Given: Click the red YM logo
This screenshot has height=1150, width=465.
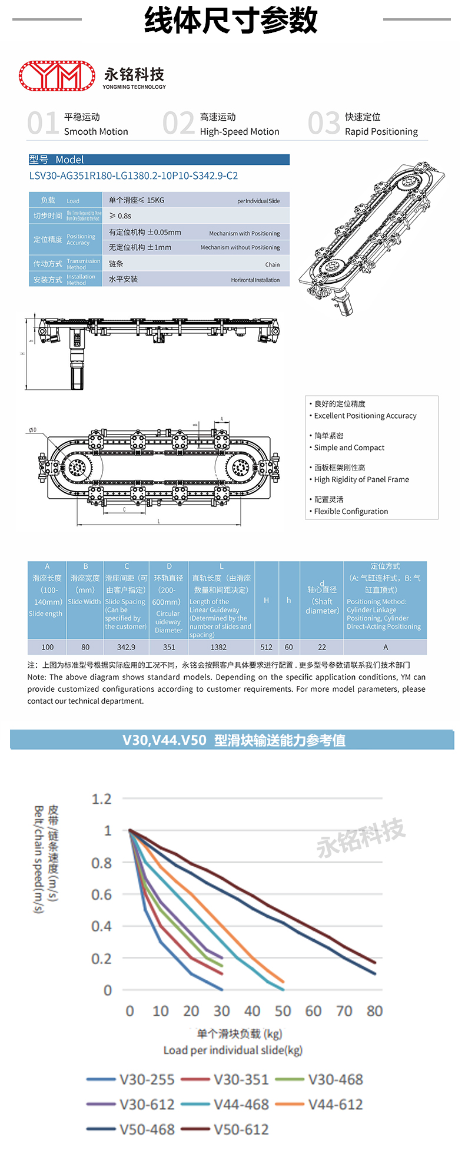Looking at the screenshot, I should [57, 76].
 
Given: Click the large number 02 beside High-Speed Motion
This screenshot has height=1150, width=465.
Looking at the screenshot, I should [178, 124].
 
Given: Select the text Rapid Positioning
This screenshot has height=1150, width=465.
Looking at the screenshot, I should [381, 131].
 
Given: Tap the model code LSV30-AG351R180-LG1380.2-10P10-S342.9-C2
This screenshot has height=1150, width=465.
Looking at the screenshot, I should [134, 175].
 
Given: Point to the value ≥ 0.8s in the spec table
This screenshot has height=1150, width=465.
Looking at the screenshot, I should [120, 216].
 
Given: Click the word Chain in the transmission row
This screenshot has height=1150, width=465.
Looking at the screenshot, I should [272, 264].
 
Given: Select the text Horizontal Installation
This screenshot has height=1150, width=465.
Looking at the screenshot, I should [255, 280].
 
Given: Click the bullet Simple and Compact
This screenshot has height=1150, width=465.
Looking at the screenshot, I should [349, 448].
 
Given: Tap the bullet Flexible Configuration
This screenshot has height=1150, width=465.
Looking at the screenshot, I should [351, 511].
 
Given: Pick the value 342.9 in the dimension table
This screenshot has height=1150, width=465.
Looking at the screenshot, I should [126, 647].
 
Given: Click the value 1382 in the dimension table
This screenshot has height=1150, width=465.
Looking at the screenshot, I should [218, 647].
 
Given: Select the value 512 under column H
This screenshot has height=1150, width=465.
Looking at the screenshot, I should [266, 647].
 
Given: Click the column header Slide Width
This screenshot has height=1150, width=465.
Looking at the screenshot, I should [85, 601].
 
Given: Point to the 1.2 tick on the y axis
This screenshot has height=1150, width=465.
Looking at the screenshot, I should [101, 799].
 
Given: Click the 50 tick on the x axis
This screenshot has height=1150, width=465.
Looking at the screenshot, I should [283, 1011].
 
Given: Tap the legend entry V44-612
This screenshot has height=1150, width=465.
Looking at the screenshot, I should [336, 1104].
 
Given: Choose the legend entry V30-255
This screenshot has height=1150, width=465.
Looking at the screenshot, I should [147, 1079].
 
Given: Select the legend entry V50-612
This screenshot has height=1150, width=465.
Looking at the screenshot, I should [241, 1129].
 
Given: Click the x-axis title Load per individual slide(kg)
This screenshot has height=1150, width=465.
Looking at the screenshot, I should [232, 1050].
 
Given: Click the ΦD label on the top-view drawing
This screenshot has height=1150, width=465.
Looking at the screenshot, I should [32, 430].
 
